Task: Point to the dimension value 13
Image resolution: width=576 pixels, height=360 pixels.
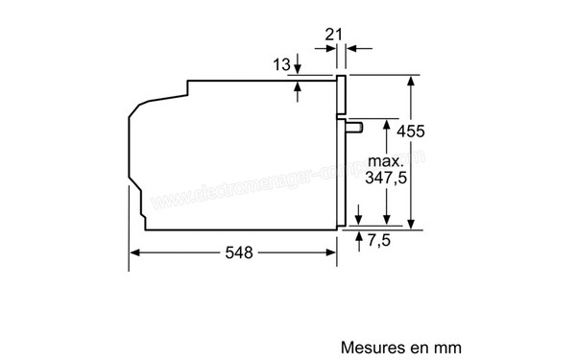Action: coord(281,64)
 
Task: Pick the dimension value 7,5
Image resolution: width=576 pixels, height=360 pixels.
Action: coord(380,240)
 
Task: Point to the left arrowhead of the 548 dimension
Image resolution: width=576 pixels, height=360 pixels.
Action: coord(134,253)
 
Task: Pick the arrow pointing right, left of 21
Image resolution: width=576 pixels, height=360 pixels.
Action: coord(326,47)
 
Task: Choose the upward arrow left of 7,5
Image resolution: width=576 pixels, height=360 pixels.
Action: coord(360,235)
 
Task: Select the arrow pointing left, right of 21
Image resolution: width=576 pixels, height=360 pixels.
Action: coord(352,47)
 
